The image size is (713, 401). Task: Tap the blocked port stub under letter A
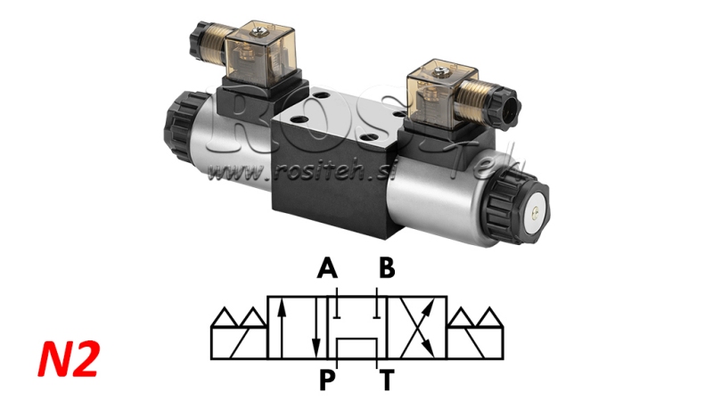pyautogui.click(x=338, y=307)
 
